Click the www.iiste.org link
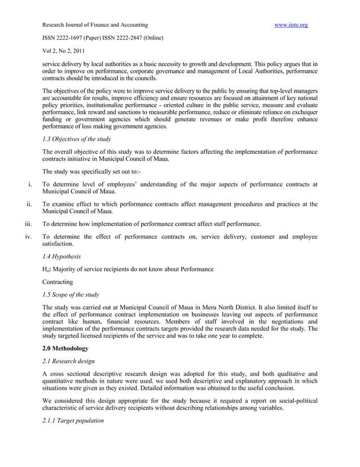click(291, 25)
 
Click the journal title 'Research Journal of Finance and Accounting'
click(95, 25)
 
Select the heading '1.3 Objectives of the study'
click(77, 139)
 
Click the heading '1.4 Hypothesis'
click(62, 256)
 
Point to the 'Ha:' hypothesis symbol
click(47, 269)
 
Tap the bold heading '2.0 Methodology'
click(65, 348)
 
